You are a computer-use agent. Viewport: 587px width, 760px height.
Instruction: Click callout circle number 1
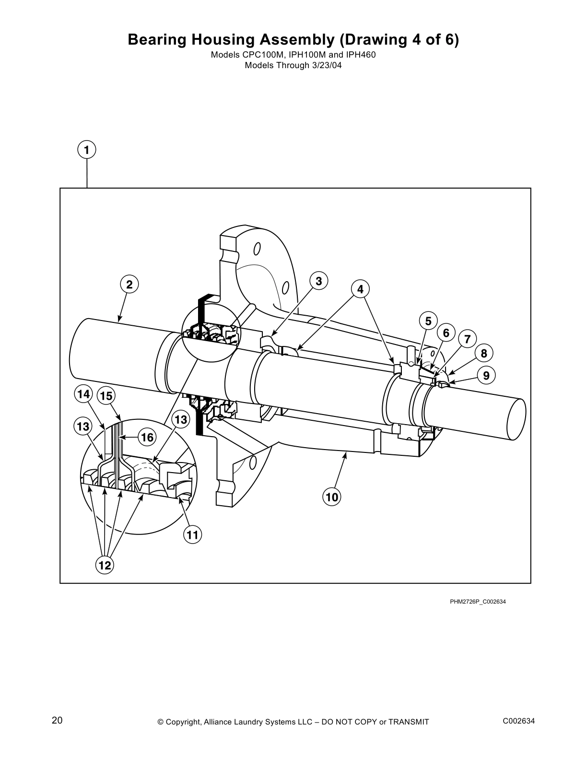tap(86, 150)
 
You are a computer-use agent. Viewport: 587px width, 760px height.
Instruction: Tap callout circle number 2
tap(129, 284)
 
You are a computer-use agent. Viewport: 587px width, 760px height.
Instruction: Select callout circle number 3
tap(318, 281)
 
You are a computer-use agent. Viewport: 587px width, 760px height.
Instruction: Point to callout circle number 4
tap(360, 289)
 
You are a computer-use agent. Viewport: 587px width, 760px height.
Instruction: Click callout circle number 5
tap(428, 321)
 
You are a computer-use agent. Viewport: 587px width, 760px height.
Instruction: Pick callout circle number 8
tap(484, 354)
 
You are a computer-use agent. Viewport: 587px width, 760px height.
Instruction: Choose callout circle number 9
tap(486, 376)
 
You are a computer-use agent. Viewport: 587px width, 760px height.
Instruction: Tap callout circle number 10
tap(332, 497)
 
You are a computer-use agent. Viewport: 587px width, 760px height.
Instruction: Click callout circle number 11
tap(192, 534)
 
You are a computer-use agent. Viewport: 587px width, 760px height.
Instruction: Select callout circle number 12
tap(105, 565)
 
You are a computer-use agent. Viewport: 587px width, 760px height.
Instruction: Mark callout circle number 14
tap(83, 394)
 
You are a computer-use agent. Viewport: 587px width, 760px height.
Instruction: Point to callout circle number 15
tap(106, 396)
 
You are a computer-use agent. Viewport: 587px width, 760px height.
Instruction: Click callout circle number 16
tap(148, 437)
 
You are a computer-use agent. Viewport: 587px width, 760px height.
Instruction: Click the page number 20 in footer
tap(57, 720)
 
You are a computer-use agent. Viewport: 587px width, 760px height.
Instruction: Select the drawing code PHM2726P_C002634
tap(477, 602)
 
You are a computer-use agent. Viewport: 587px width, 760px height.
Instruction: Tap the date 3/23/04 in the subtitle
tap(326, 66)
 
